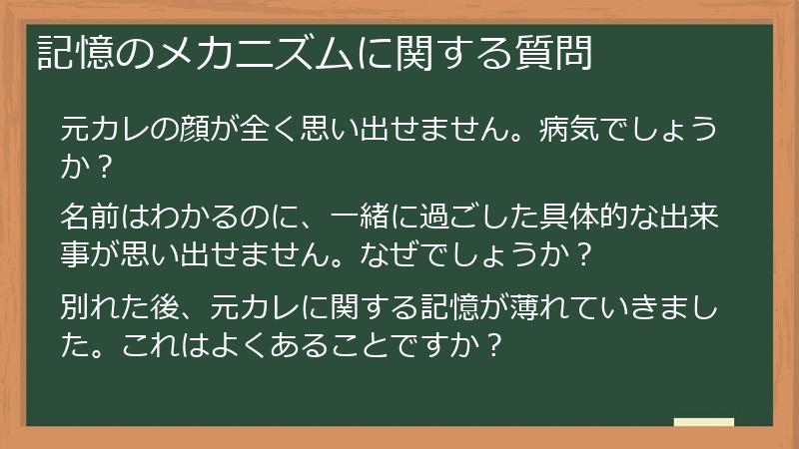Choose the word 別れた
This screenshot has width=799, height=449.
tap(108, 303)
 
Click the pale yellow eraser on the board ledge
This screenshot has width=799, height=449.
tap(703, 422)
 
